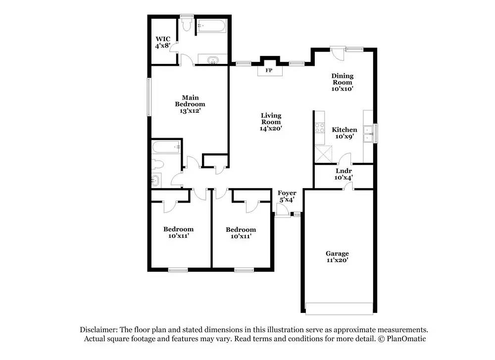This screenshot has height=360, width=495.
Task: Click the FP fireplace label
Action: click(269, 70)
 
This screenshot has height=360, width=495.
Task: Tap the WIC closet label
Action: click(163, 39)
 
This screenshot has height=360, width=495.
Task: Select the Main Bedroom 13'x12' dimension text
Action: click(190, 111)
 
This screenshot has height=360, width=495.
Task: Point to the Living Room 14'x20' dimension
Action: click(271, 129)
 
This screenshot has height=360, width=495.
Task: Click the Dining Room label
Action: click(342, 79)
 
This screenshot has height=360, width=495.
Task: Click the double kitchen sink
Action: click(368, 134)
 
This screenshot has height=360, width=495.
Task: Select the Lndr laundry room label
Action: click(344, 171)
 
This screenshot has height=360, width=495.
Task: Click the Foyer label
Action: click(287, 193)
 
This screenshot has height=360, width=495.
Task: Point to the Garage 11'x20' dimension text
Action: click(337, 260)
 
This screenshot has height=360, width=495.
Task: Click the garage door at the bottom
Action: click(339, 309)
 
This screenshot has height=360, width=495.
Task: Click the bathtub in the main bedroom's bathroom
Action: click(211, 26)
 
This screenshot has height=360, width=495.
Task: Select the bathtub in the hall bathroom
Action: click(166, 147)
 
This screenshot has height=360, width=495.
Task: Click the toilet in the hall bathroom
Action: click(157, 164)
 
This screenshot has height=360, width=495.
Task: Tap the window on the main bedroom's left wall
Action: click(148, 97)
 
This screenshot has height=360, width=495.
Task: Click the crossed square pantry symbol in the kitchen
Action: click(323, 154)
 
